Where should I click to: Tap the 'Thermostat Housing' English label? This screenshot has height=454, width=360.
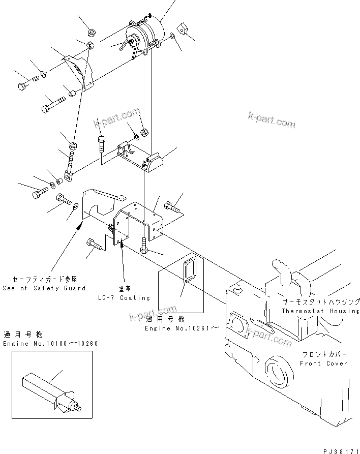(x=320, y=311)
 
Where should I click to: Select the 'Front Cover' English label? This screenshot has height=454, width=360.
(x=323, y=364)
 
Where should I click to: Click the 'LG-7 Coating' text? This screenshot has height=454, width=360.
(x=125, y=297)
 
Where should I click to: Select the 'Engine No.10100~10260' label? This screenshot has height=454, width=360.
(x=50, y=344)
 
